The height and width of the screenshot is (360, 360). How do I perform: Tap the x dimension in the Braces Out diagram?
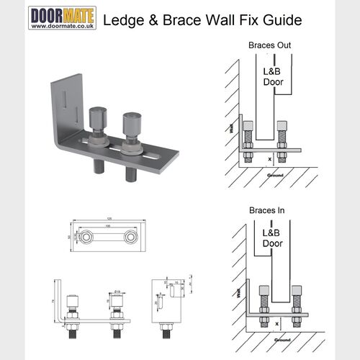[x=269, y=156]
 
